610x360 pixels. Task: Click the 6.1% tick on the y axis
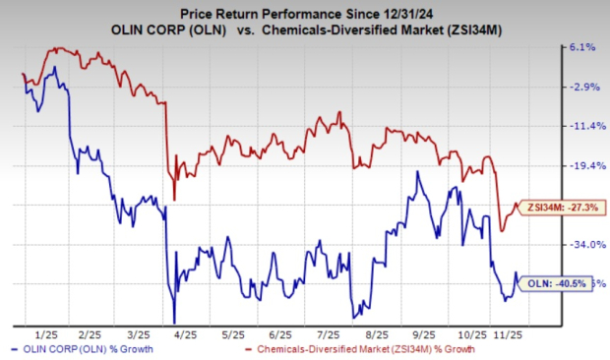coord(582,47)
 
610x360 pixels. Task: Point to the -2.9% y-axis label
coord(584,87)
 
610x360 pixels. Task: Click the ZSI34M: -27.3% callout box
coord(562,208)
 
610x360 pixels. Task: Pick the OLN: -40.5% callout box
coord(556,284)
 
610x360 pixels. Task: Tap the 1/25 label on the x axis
coord(46,334)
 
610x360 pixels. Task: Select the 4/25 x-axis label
coord(185,334)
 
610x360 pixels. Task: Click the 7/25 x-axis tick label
coord(328,334)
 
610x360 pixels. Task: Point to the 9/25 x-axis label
coord(424,334)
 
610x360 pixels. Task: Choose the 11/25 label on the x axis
coord(508,334)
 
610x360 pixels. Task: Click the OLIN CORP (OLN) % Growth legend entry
coord(83,349)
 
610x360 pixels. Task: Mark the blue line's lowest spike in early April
coord(174,323)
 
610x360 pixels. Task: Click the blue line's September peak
coord(418,171)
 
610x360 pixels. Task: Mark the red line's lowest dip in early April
coord(174,200)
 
